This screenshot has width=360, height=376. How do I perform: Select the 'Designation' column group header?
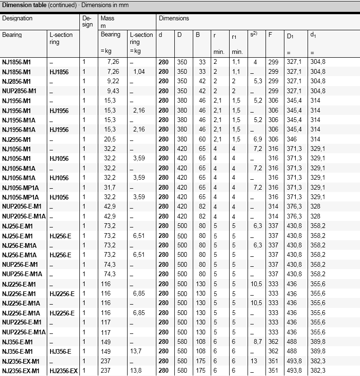tap(17, 18)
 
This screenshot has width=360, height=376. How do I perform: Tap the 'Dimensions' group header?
tap(173, 18)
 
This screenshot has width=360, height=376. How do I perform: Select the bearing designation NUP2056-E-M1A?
tap(24, 216)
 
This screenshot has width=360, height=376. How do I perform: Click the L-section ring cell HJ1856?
tap(59, 72)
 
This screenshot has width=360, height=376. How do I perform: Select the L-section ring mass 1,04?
tap(139, 72)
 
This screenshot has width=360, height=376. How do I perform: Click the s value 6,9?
tap(257, 139)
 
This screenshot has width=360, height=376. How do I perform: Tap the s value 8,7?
tap(257, 342)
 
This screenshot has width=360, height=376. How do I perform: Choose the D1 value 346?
tap(291, 139)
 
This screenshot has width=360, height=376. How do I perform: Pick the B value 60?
tap(202, 139)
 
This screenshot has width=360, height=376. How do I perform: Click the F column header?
tap(270, 35)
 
